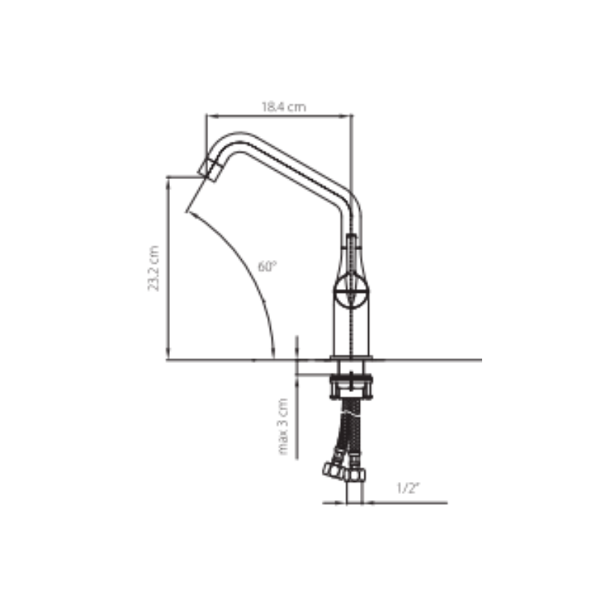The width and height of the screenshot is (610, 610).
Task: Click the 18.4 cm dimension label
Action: (x=284, y=107)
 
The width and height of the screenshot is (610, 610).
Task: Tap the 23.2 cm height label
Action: (x=153, y=268)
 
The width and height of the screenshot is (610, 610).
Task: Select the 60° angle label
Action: (x=268, y=266)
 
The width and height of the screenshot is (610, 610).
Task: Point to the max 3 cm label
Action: (x=284, y=426)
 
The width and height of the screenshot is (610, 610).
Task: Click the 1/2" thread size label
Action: (x=409, y=488)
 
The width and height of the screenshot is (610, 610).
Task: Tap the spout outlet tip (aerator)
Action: (x=210, y=169)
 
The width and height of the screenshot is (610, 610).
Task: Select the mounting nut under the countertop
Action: (x=352, y=387)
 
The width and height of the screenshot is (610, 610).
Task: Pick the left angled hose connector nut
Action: (x=333, y=470)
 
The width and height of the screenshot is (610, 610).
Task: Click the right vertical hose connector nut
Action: (x=355, y=474)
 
